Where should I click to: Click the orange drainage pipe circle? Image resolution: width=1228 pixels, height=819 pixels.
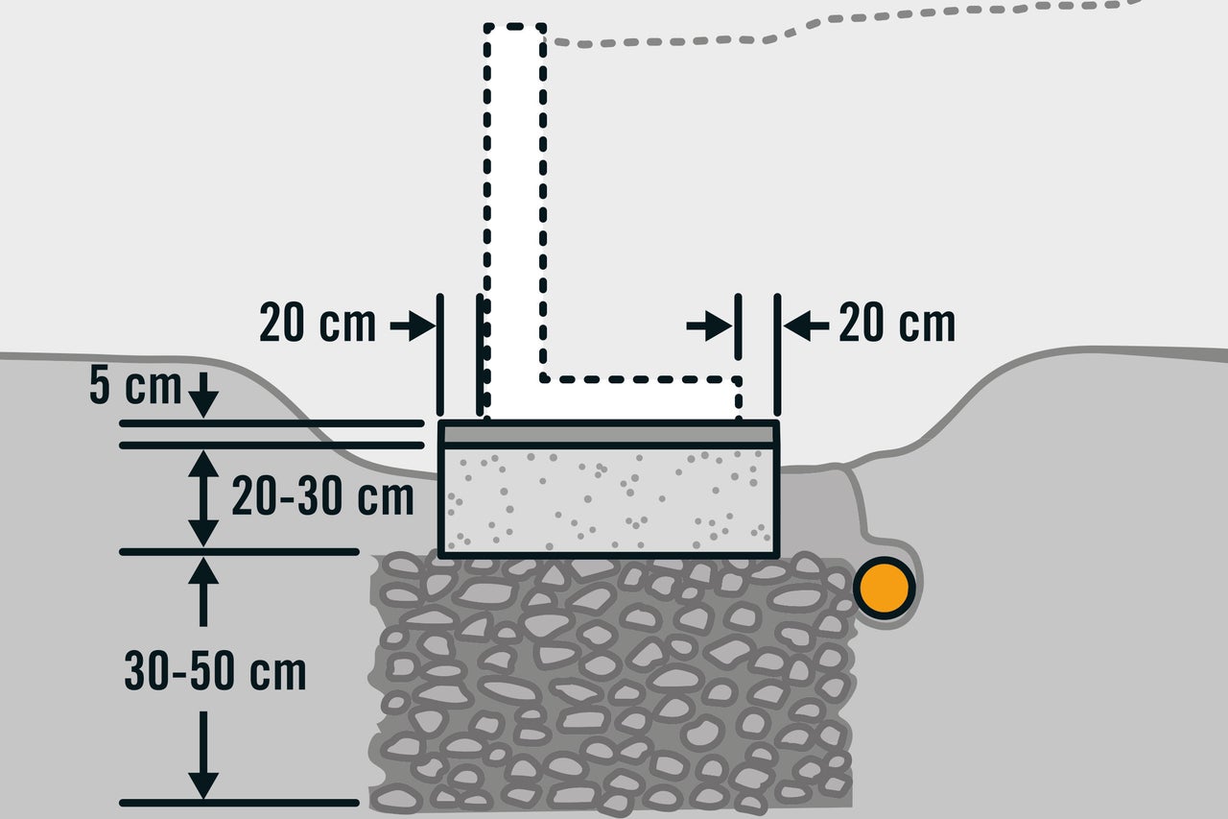885,588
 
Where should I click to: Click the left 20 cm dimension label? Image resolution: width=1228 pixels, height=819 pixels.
318,324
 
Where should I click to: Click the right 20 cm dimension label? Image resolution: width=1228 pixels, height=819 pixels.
897,324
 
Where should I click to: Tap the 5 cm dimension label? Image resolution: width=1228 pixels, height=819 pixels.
135,386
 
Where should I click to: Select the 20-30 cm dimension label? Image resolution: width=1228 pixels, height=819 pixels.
322,496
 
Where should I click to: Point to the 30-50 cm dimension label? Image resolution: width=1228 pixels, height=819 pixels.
215,671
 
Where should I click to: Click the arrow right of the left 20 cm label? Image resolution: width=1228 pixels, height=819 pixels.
413,326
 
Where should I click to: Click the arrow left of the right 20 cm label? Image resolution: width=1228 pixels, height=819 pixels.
807,326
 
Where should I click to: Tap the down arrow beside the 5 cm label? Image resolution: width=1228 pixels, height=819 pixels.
203,395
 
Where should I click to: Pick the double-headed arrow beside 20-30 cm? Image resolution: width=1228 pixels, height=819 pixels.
203,498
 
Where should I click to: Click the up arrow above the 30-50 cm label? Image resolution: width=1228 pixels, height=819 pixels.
203,591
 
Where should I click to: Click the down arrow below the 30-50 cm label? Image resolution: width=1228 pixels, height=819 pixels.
203,756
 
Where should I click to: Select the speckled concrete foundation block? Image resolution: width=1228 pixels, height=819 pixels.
608,500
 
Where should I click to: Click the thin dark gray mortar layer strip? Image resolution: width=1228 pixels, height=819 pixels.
608,435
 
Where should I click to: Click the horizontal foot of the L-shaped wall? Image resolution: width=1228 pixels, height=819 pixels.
640,398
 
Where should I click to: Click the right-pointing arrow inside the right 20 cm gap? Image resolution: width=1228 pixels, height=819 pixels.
709,326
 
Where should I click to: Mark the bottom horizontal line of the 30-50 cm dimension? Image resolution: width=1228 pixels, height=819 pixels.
239,803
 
